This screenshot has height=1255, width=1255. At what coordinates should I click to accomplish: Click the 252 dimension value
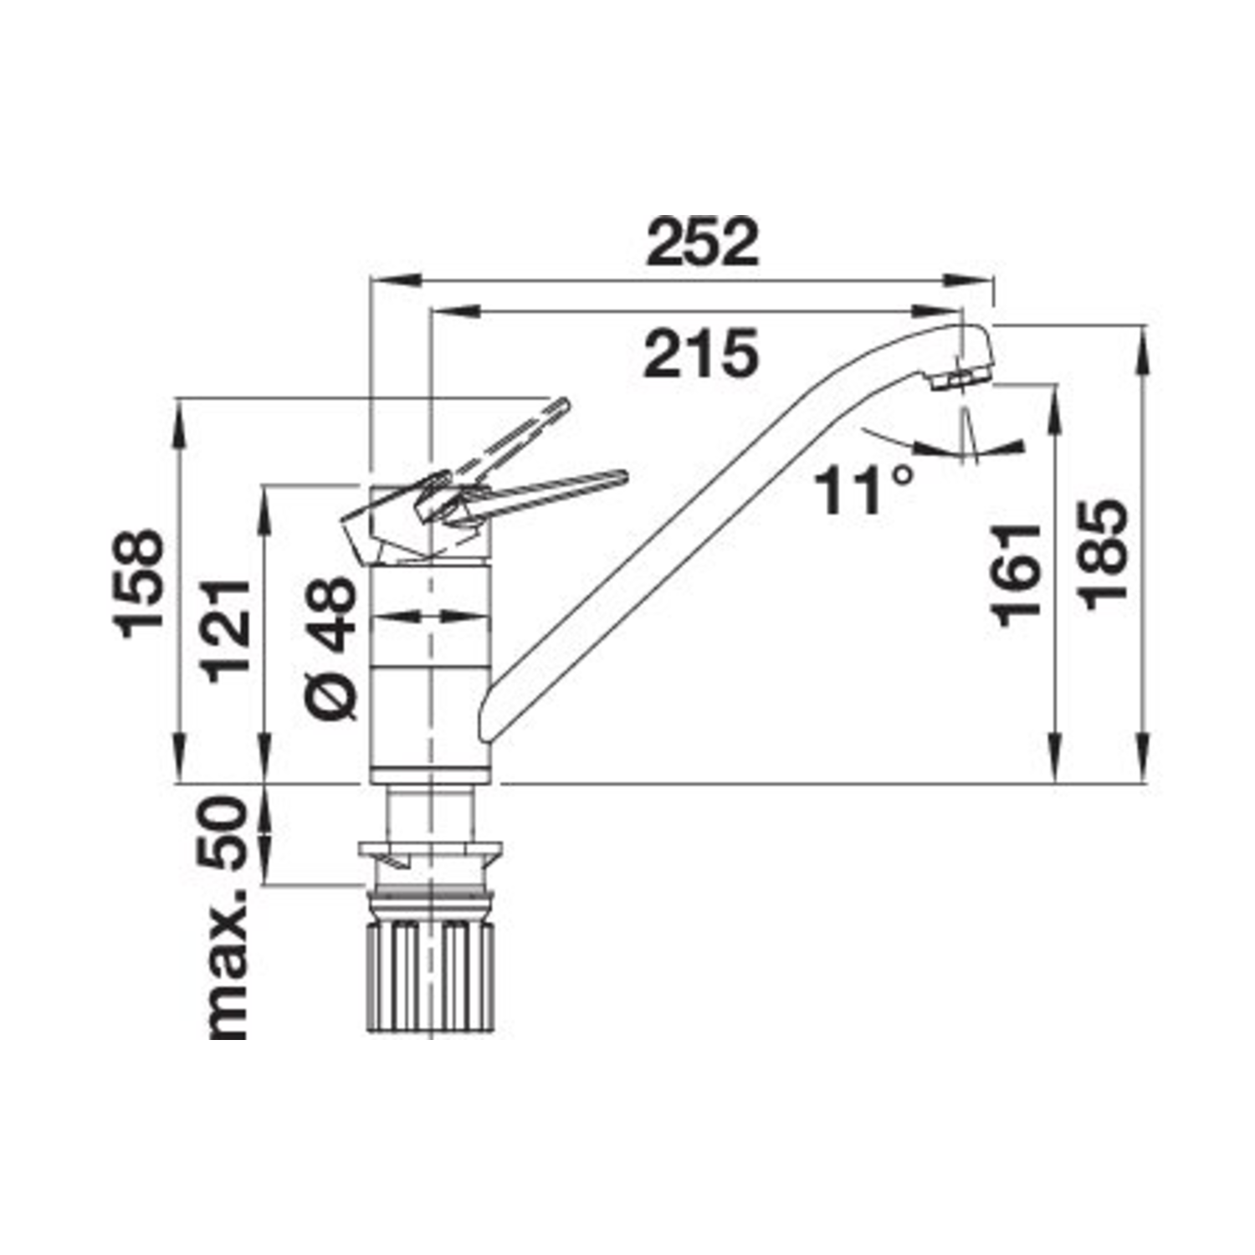pyautogui.click(x=704, y=243)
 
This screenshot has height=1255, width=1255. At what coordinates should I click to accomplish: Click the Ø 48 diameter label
pyautogui.click(x=332, y=648)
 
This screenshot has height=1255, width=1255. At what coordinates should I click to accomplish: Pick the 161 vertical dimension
pyautogui.click(x=1017, y=575)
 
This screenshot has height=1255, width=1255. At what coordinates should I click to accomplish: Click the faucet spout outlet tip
pyautogui.click(x=962, y=380)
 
